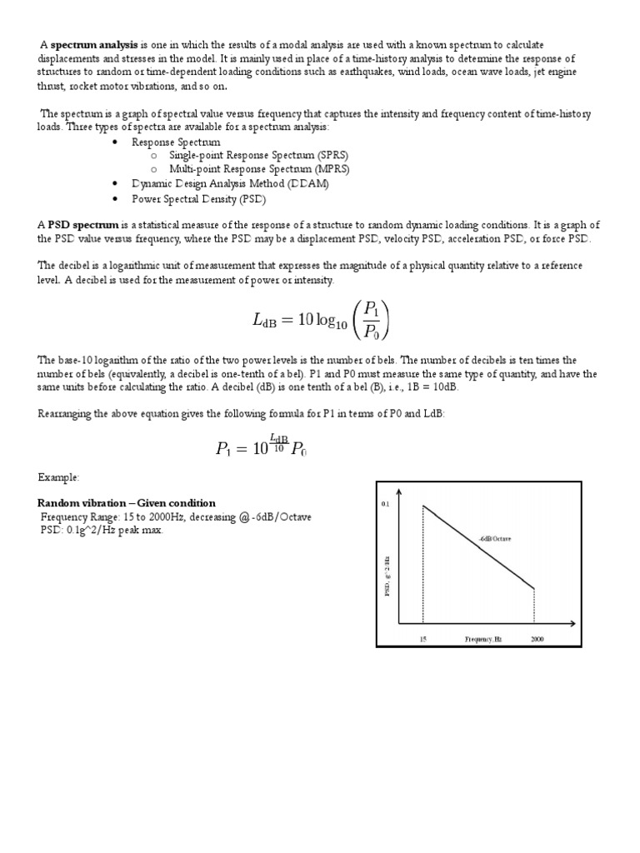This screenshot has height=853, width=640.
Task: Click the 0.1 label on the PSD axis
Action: tap(385, 505)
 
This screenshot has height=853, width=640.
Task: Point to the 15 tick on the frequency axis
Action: tap(422, 638)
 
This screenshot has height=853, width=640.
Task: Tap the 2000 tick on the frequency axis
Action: tap(533, 638)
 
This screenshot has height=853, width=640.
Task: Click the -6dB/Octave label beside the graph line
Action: tap(496, 539)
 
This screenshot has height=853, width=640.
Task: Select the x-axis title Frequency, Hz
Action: tap(483, 638)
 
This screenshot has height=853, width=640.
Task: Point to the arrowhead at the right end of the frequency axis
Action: tap(572, 623)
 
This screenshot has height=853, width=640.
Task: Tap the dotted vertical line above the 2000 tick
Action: tap(534, 606)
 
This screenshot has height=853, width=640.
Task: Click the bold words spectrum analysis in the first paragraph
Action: tap(94, 44)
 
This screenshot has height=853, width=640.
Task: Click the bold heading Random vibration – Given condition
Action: tap(127, 503)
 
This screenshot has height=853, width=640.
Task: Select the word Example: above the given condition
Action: tap(58, 477)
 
